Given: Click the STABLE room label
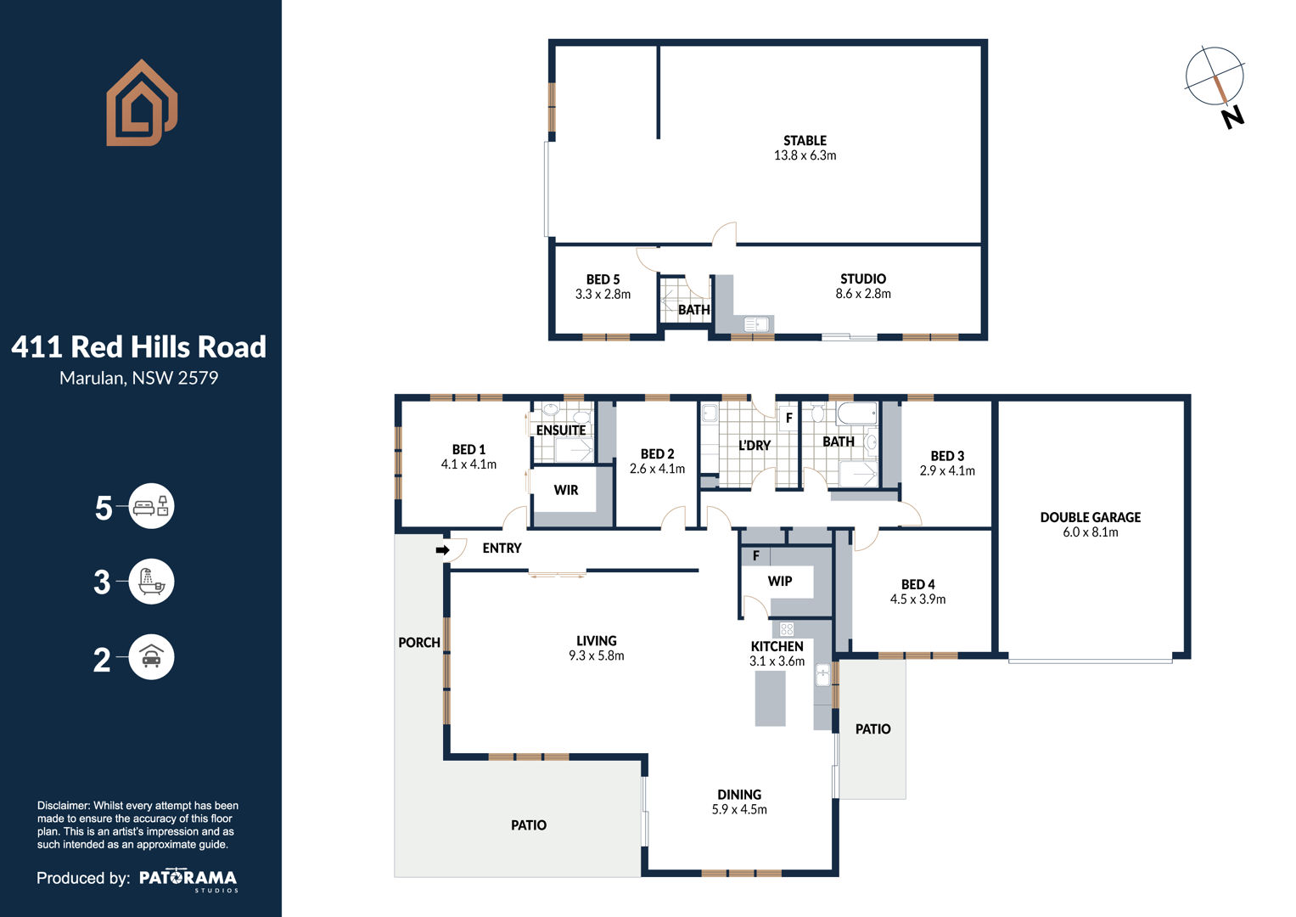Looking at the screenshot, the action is pos(805,141).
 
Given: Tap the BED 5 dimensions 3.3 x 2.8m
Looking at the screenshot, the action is pos(603,294).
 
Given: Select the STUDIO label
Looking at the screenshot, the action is pos(863,279).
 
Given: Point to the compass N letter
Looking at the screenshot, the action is pos(1232,117).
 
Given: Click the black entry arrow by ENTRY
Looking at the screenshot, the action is pos(442,550).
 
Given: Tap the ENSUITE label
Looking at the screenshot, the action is pos(561,430).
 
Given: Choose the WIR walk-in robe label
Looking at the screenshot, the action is pos(566,491).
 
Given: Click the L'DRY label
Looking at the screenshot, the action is pos(755,445).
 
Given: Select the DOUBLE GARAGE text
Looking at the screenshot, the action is pos(1091,518).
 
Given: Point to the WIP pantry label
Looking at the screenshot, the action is pos(780,582).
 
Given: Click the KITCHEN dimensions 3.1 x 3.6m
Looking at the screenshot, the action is pos(777,661).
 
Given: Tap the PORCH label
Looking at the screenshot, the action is pos(419,643).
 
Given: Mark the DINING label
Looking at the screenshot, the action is pos(739,795).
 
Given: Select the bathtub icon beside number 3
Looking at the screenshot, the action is pos(151,582).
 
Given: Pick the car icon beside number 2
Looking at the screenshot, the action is pos(151,657).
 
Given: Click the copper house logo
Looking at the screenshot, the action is pos(142,103).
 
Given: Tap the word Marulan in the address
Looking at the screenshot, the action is pos(93,378).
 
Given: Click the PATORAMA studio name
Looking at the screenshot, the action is pos(188,878).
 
